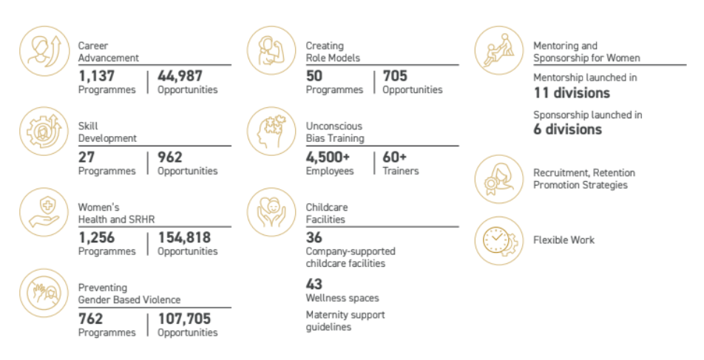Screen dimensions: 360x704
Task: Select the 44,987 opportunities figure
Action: [x=180, y=76]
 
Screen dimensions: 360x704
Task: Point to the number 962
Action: [x=169, y=157]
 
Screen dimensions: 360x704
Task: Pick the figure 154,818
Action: [x=184, y=238]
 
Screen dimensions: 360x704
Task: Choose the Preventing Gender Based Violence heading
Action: [x=129, y=293]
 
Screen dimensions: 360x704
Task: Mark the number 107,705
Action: [x=184, y=319]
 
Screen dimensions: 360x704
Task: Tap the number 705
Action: [x=395, y=76]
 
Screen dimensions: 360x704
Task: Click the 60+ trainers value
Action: [x=395, y=157]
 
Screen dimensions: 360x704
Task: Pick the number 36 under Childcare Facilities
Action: [x=314, y=238]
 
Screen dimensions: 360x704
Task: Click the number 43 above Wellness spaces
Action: [x=314, y=283]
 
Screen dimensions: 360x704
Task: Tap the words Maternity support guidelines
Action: [x=345, y=321]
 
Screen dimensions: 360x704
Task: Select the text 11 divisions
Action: [x=572, y=93]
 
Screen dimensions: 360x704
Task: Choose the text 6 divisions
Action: [x=568, y=129]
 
